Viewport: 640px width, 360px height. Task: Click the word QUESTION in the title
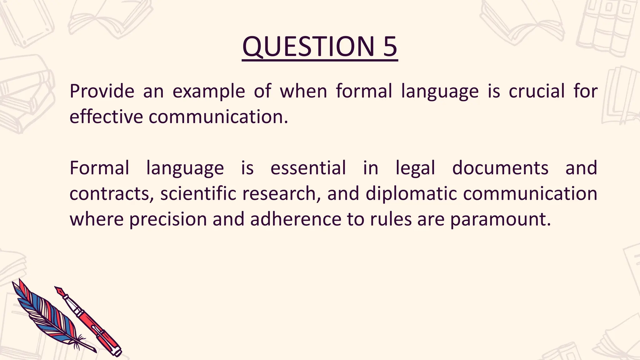point(308,47)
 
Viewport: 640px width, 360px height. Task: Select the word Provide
point(102,91)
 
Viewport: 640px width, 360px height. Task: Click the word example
point(209,92)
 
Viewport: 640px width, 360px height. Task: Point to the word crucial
point(537,91)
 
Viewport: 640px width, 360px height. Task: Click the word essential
point(308,168)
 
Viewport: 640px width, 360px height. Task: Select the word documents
point(500,168)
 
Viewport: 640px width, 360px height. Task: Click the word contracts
point(111,194)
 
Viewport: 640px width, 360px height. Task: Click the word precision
point(168,219)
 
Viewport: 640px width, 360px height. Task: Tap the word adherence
point(296,219)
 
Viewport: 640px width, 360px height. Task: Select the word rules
point(391,219)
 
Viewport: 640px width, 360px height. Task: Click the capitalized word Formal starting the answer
point(99,168)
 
